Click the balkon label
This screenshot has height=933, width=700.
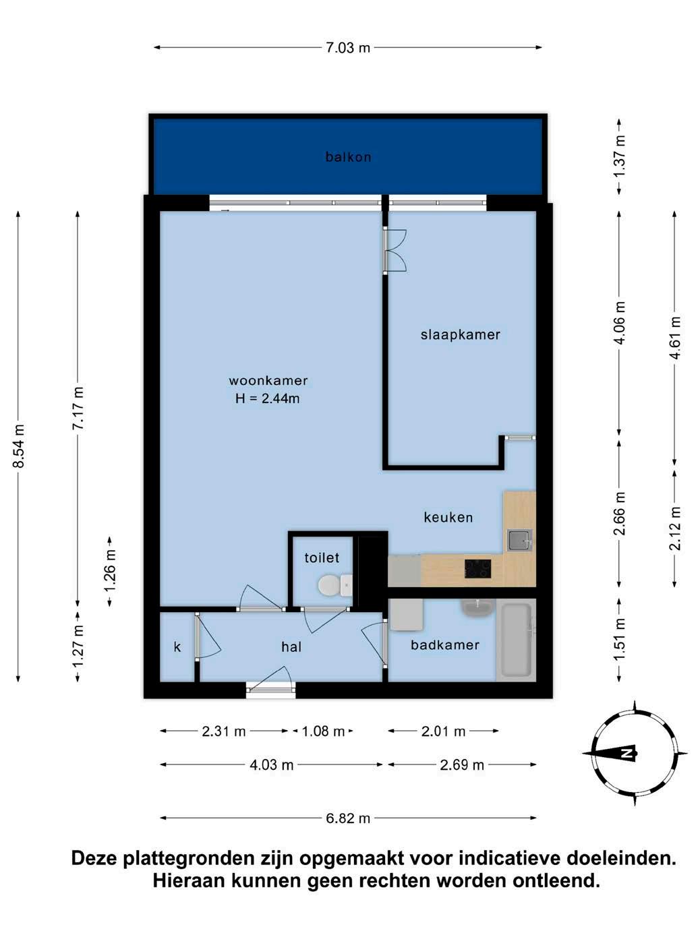[x=349, y=157]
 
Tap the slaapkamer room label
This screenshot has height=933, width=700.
[x=461, y=335]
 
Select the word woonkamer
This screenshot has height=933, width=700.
[x=268, y=380]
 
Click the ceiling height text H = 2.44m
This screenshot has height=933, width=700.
[x=268, y=398]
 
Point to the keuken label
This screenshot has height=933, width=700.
[x=448, y=517]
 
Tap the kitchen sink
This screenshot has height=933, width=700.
[x=520, y=541]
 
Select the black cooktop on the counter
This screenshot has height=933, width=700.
[x=477, y=569]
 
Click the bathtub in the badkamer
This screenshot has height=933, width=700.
[x=517, y=640]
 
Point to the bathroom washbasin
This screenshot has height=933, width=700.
[x=477, y=609]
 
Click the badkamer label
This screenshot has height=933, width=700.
[x=445, y=645]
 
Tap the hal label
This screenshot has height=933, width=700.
[x=291, y=647]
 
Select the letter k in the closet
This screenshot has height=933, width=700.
[x=177, y=647]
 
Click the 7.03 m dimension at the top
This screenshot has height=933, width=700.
[x=348, y=48]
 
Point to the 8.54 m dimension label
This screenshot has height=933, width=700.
[x=19, y=446]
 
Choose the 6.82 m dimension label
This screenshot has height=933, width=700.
[x=348, y=818]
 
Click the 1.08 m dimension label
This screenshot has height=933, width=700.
[x=323, y=731]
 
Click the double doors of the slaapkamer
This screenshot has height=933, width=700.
[x=395, y=250]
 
